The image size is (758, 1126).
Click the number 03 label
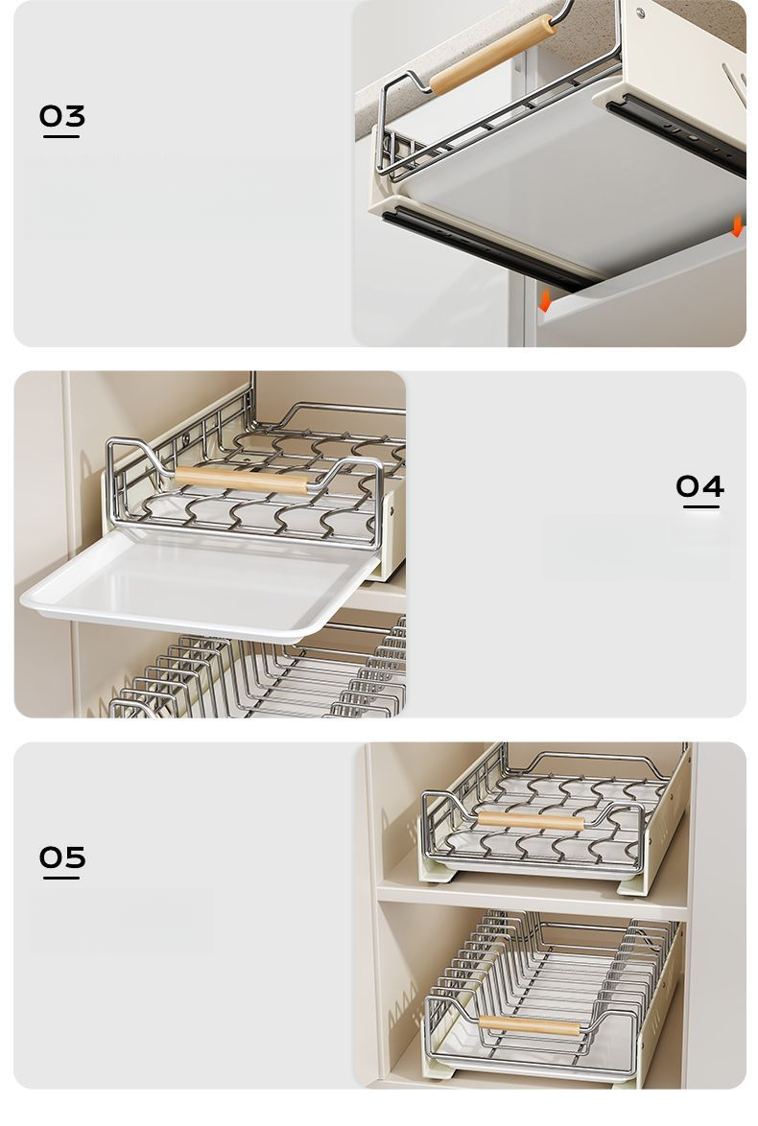pos(61,115)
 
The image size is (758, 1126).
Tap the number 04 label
pos(699,486)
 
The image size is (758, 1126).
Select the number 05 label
pos(61,856)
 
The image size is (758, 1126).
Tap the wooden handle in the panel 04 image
pos(241,479)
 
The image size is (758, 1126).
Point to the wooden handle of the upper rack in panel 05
pos(531,820)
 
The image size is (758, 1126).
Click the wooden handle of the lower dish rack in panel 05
pos(530,1025)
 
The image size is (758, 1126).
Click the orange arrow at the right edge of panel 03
pos(737,226)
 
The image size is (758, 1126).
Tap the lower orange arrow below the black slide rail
pos(545,300)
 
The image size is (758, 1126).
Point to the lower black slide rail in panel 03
pos(488,247)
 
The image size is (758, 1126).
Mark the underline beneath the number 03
pos(61,135)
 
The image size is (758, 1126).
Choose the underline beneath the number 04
pos(700,506)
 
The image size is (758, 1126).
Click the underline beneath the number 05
pos(61,877)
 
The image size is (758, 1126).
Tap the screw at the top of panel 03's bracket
pos(639,12)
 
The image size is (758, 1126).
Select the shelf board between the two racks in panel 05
pos(532,898)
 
